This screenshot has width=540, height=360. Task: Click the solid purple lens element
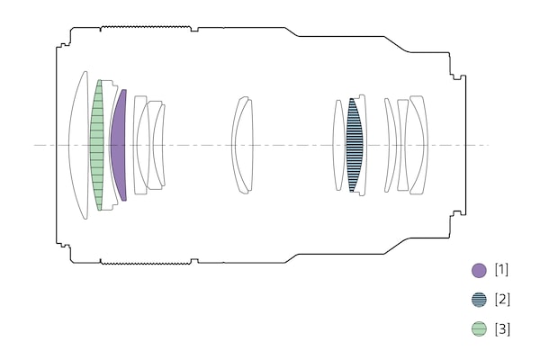[119, 145]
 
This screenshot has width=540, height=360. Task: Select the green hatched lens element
[97, 145]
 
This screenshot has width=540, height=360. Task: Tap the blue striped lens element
[355, 145]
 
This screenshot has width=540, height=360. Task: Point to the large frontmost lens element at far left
[78, 145]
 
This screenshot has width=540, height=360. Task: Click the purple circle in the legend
[479, 270]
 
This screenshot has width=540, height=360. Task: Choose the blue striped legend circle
[479, 300]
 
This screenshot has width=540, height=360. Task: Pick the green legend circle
[479, 328]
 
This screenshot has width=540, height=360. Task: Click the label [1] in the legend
[502, 269]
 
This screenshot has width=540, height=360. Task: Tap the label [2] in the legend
[502, 299]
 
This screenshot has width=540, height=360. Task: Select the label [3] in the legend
[502, 328]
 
